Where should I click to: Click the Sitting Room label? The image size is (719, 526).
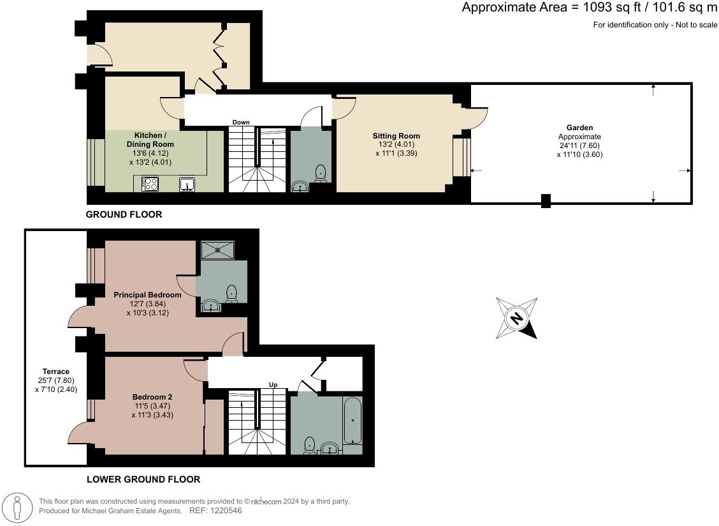(396, 136)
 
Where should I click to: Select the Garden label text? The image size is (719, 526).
(579, 128)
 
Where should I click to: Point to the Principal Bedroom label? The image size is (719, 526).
(147, 295)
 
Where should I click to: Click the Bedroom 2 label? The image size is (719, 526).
(152, 396)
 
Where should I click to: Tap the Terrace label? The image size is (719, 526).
(56, 372)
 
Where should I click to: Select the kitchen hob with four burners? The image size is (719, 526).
(150, 184)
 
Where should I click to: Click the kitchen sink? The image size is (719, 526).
(186, 184)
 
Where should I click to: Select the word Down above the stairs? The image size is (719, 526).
(241, 122)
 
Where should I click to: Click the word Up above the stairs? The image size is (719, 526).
(273, 385)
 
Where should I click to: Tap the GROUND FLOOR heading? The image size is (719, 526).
(124, 215)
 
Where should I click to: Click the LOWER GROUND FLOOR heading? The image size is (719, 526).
(143, 479)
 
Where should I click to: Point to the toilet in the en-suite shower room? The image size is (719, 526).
(232, 293)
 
